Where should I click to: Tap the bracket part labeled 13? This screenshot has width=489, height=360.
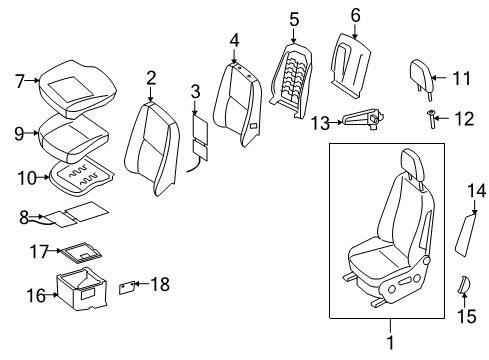coord(357,120)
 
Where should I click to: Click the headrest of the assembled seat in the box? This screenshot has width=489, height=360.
coord(413,164)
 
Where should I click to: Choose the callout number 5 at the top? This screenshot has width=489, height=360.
coord(293,19)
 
